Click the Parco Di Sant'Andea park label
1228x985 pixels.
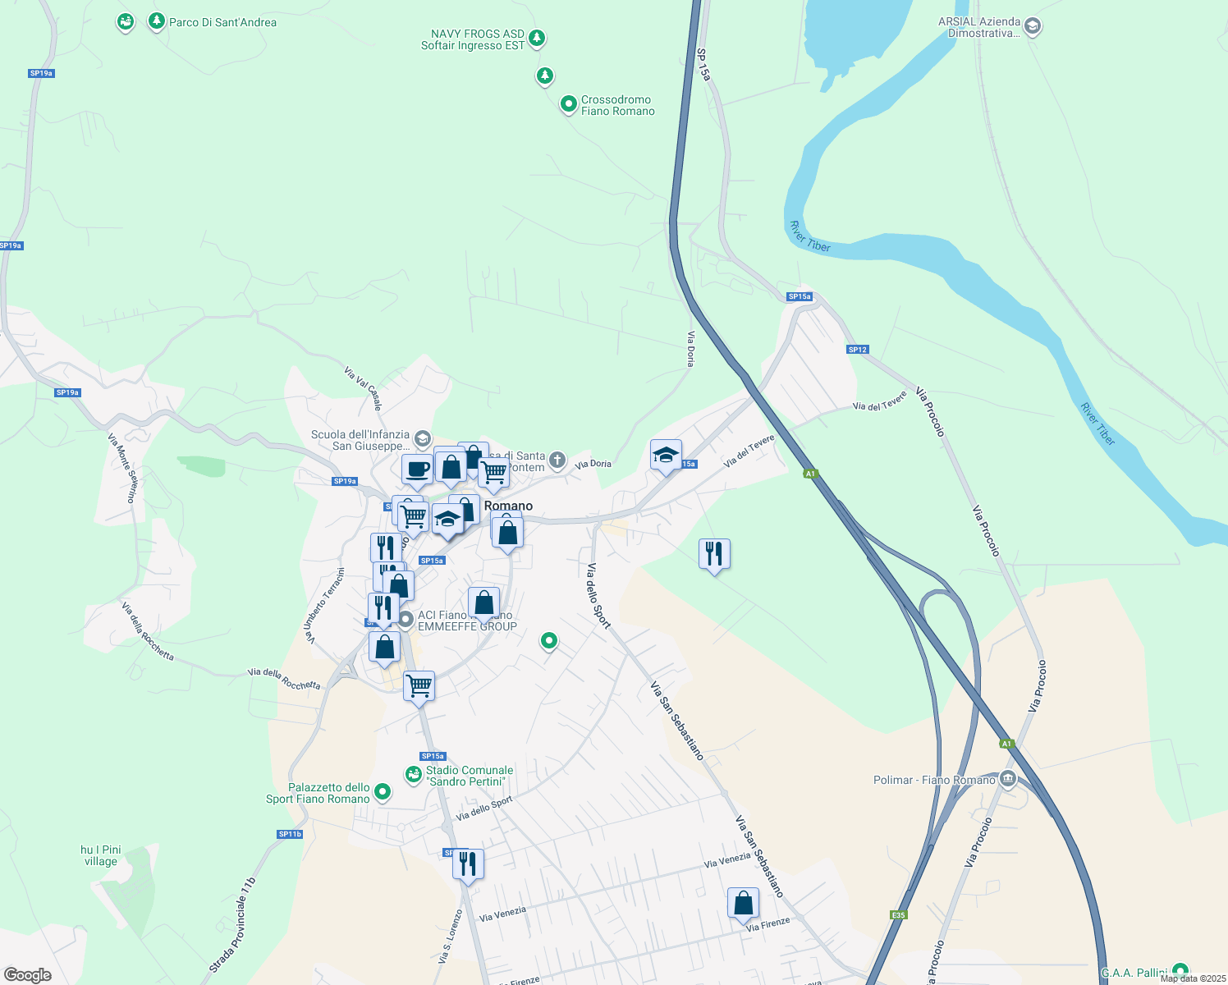222,22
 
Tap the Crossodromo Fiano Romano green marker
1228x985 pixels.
568,104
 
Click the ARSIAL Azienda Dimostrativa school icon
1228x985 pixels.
1033,26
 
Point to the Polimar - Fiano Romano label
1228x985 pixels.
934,780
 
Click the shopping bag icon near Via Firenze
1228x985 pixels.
743,903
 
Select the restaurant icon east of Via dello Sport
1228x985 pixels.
714,554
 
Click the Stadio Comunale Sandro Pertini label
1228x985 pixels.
470,776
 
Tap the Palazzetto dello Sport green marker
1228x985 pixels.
383,792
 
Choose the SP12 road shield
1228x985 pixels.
857,350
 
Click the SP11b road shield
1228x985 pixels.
290,834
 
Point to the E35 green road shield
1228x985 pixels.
898,915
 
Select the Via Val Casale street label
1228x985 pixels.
363,387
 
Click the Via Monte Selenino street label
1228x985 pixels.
121,468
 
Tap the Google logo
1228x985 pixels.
28,975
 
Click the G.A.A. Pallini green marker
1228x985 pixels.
1180,971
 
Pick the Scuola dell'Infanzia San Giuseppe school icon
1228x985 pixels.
422,438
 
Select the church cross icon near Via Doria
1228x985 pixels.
557,460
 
